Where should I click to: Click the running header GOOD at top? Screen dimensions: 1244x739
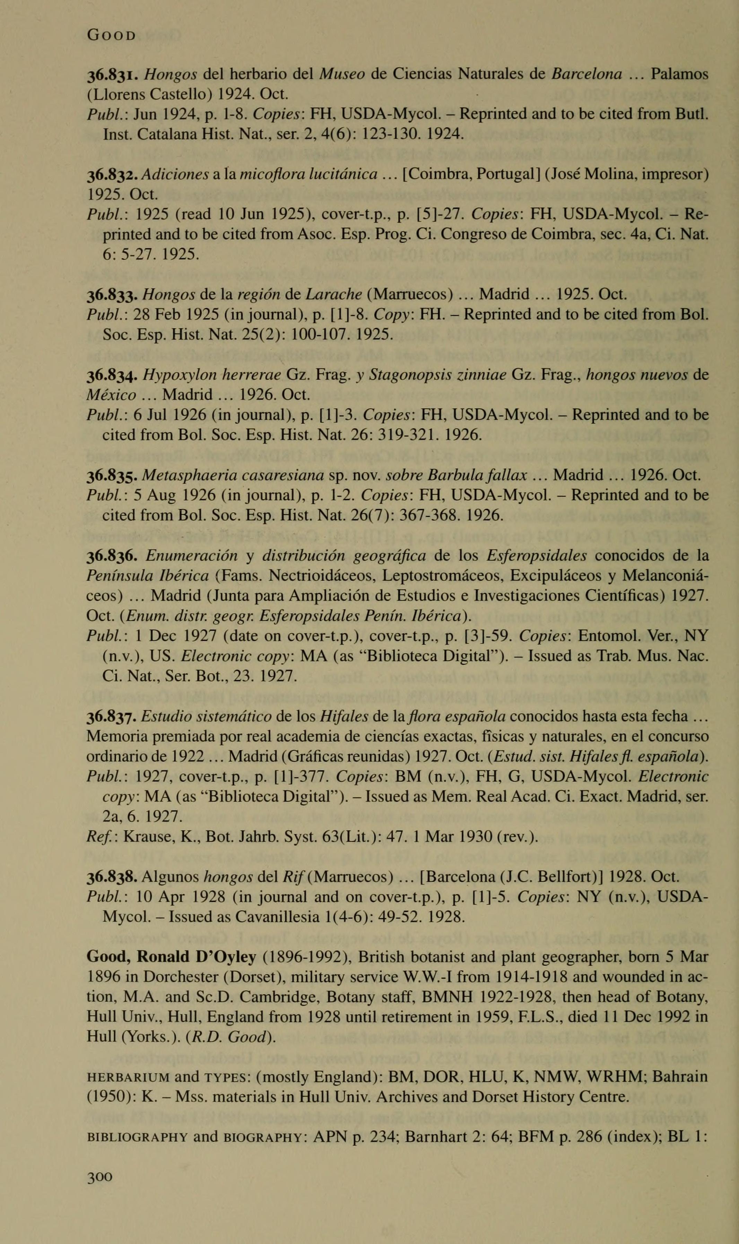pos(111,36)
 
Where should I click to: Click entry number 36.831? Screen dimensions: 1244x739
pos(113,75)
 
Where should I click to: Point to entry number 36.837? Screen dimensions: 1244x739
pos(113,717)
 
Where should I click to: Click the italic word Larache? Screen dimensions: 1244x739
pos(334,294)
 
